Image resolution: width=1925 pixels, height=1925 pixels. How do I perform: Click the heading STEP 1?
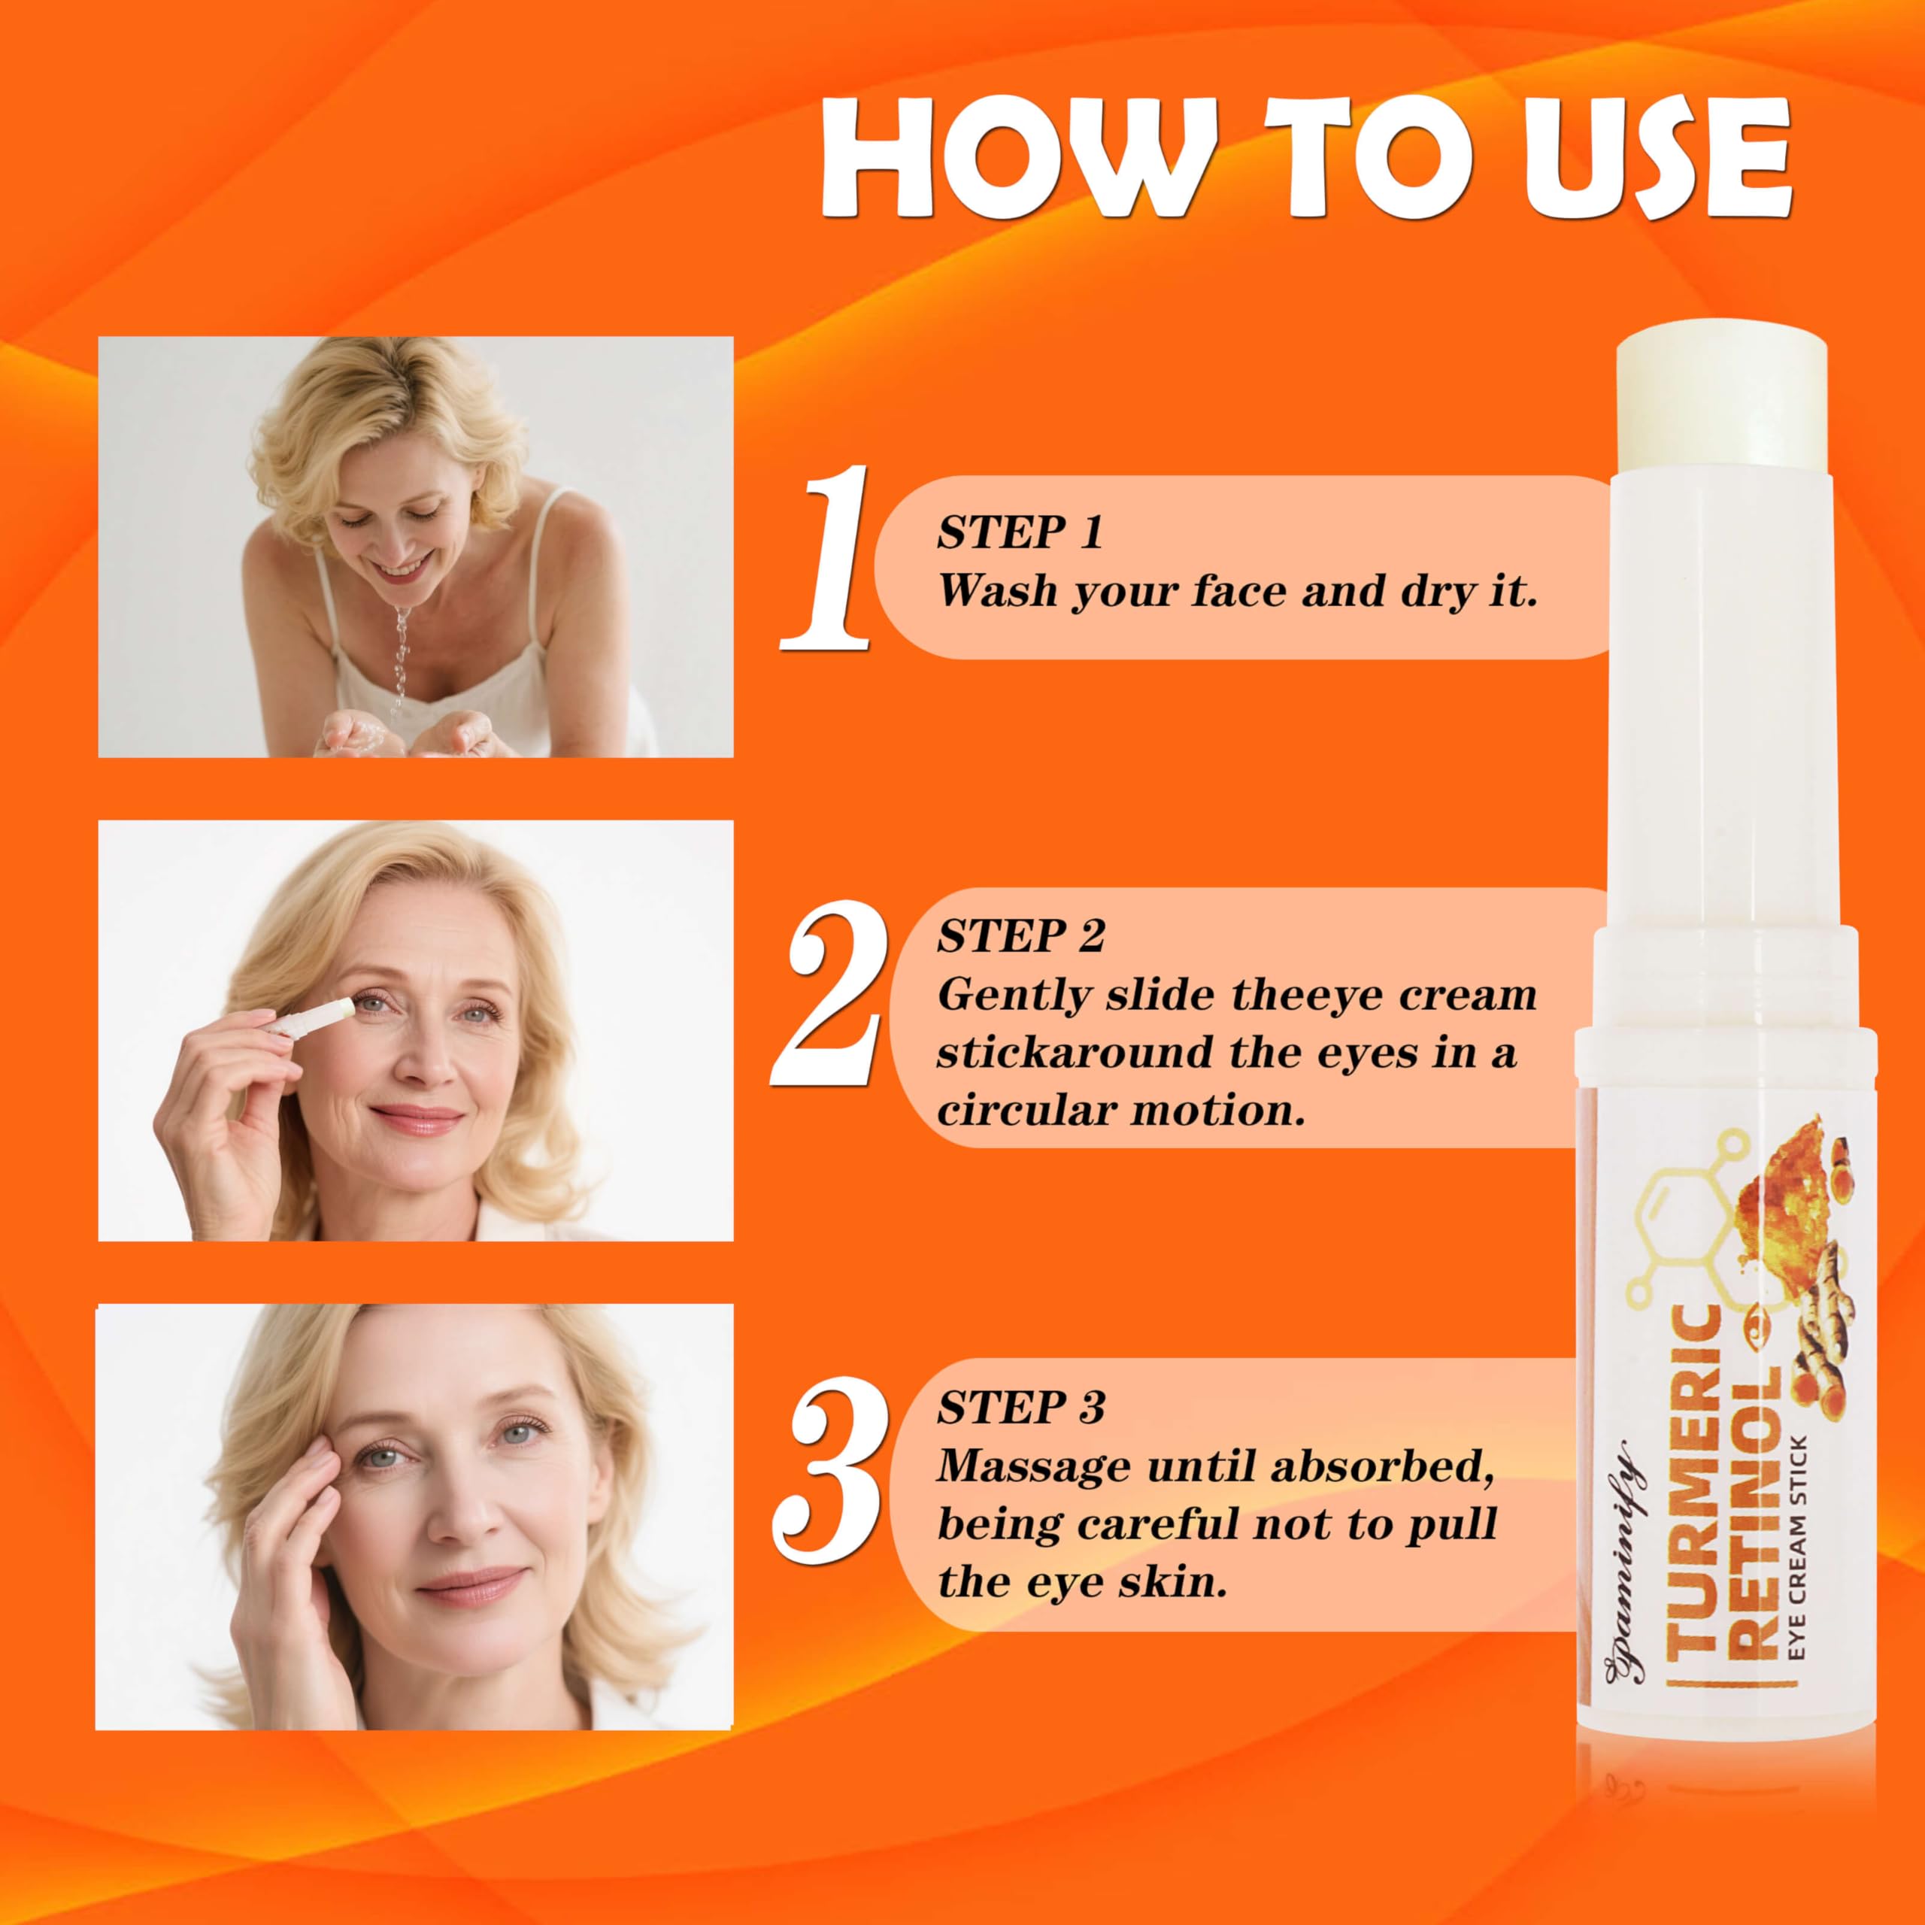pos(1020,534)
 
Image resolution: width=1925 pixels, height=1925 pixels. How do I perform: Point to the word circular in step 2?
pos(1024,1110)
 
